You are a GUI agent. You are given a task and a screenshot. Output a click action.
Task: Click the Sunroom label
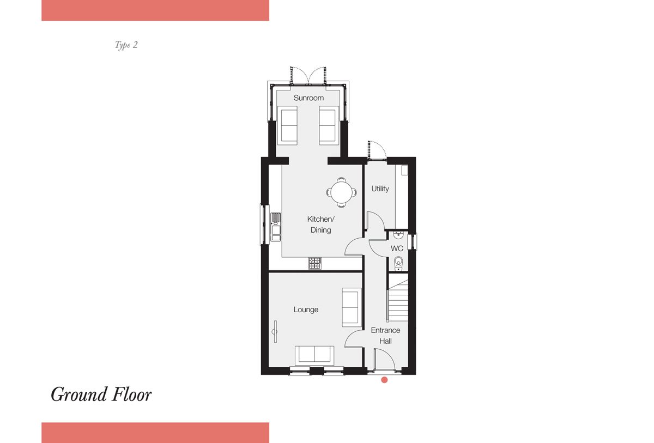pyautogui.click(x=308, y=98)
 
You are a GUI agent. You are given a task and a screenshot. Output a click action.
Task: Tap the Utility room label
pyautogui.click(x=380, y=189)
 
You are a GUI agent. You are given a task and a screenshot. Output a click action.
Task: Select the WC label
pyautogui.click(x=397, y=248)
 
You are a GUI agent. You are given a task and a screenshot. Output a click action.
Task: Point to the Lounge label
pyautogui.click(x=306, y=310)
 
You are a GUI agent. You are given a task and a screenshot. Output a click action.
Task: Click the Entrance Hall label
pyautogui.click(x=385, y=336)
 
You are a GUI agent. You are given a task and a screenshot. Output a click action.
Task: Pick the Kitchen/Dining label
pyautogui.click(x=320, y=224)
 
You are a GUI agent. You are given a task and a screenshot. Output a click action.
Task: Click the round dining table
pyautogui.click(x=341, y=192)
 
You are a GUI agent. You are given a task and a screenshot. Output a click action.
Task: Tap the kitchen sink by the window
pyautogui.click(x=276, y=227)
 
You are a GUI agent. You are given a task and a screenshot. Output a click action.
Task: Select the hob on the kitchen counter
pyautogui.click(x=315, y=263)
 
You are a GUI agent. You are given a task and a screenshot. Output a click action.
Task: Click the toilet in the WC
pyautogui.click(x=398, y=263)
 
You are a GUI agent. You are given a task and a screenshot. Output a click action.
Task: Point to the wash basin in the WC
pyautogui.click(x=398, y=234)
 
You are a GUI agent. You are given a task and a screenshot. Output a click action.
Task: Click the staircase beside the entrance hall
pyautogui.click(x=398, y=300)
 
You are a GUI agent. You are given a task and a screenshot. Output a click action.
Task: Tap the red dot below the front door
pyautogui.click(x=384, y=380)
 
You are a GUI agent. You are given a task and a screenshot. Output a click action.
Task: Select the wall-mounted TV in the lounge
pyautogui.click(x=275, y=331)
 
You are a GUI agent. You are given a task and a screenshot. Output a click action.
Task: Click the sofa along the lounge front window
pyautogui.click(x=314, y=355)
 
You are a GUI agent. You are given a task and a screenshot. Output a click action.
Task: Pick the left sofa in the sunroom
pyautogui.click(x=287, y=125)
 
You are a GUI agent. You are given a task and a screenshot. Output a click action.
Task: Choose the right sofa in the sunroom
pyautogui.click(x=329, y=125)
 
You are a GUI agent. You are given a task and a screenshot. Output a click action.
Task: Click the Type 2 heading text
pyautogui.click(x=126, y=45)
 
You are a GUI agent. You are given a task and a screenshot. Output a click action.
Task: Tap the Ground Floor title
pyautogui.click(x=101, y=395)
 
